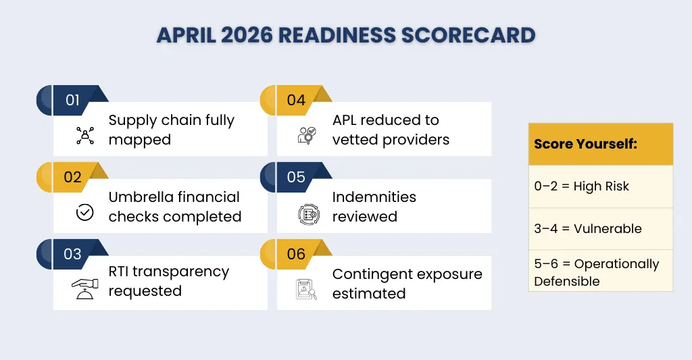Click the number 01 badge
[x=73, y=100]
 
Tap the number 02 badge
[x=73, y=177]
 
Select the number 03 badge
[x=73, y=254]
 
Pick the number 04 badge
[x=296, y=100]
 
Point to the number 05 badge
[x=296, y=177]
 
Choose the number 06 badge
[x=296, y=254]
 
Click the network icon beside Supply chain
[x=84, y=136]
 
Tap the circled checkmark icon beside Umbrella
[x=84, y=212]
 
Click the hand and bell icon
[x=84, y=289]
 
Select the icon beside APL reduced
[x=307, y=136]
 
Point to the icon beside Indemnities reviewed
[x=308, y=214]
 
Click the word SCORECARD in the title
[x=468, y=35]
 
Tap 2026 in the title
[x=247, y=35]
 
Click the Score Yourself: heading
[x=585, y=144]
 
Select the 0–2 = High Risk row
[x=601, y=186]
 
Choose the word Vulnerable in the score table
[x=608, y=228]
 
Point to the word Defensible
[x=567, y=282]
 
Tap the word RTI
[x=118, y=272]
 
